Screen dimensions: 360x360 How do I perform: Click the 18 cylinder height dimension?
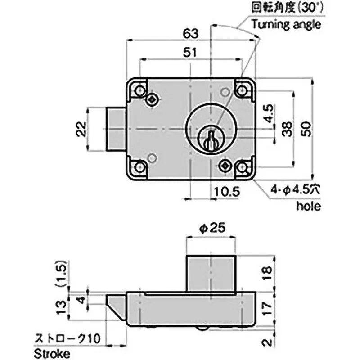(267, 273)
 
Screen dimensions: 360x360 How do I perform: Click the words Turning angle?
(286, 24)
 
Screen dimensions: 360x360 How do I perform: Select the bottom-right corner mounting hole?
(243, 168)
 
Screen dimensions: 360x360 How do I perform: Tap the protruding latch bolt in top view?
(116, 129)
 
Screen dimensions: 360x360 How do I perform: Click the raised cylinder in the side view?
(211, 273)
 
